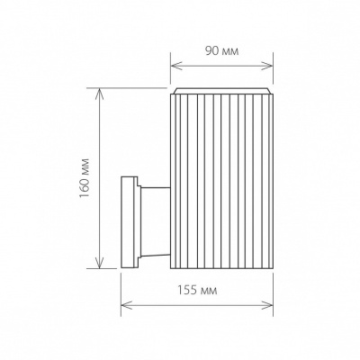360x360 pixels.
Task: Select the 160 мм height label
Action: coord(84,179)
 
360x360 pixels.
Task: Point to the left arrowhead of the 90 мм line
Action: coord(174,65)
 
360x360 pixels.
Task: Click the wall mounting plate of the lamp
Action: coord(128,221)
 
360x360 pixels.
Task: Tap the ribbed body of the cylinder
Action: coord(221,180)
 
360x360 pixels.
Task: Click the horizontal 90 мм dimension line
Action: coord(221,65)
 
